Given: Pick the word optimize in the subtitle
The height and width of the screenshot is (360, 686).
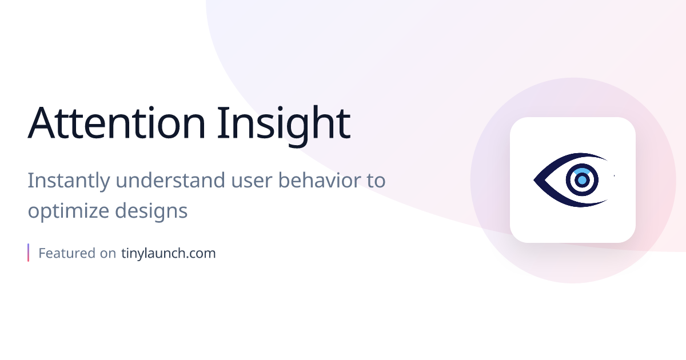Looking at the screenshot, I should pos(68,211).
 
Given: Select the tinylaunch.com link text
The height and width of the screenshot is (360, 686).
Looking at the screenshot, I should pos(169,253).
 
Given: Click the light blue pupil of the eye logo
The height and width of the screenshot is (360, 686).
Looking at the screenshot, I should pos(582,180).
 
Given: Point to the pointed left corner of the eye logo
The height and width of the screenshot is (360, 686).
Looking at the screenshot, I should pos(536,180).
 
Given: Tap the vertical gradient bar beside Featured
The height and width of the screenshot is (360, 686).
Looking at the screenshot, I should pos(28,253).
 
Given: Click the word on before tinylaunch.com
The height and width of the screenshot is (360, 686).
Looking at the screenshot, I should pos(109,253).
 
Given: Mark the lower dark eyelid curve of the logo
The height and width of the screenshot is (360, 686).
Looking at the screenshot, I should pos(572,202).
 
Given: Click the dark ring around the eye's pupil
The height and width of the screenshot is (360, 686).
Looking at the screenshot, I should pos(571,180).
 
